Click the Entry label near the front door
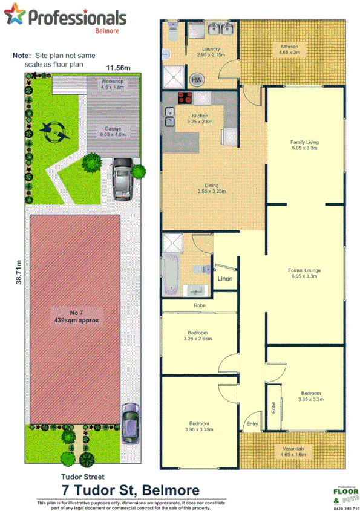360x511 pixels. pos(252,425)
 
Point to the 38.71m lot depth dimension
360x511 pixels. pos(19,272)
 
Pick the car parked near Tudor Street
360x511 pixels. pos(130,422)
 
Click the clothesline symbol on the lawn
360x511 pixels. pos(51,129)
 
